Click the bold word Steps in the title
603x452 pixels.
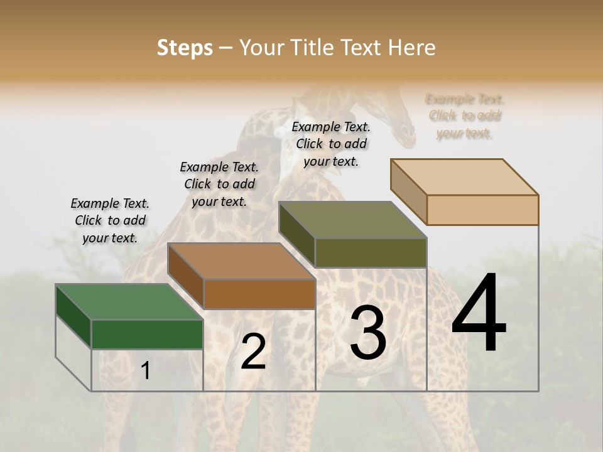pos(185,48)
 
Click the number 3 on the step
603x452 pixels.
pos(368,332)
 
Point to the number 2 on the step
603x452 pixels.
pos(253,352)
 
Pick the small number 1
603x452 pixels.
pos(146,371)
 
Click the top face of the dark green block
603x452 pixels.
pos(129,302)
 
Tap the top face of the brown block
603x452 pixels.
pos(241,261)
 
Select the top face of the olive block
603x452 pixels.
pos(352,220)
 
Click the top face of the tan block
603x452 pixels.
pos(465,177)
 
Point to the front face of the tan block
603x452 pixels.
pos(482,210)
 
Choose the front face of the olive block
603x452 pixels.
pos(371,252)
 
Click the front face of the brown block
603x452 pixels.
pos(259,294)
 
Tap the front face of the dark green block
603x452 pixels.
pos(147,334)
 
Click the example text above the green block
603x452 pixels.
pos(110,220)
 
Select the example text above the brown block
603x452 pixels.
pos(219,184)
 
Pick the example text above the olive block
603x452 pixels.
pos(331,144)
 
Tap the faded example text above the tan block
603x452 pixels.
pos(465,116)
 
